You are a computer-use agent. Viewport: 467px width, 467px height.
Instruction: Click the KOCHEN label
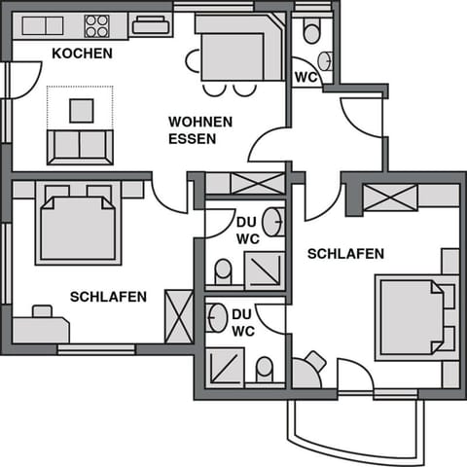point(82,53)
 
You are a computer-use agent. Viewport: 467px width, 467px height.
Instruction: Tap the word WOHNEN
point(200,122)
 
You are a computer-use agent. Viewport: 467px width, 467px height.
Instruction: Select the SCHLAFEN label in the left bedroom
point(108,297)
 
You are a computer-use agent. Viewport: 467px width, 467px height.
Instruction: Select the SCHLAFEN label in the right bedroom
point(345,254)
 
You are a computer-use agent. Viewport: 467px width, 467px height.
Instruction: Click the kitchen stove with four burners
point(96,26)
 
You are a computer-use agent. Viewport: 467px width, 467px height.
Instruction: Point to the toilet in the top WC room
point(311,33)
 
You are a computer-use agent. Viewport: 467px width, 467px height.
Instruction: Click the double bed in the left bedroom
point(78,226)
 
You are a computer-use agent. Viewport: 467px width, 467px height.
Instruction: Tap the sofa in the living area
point(80,146)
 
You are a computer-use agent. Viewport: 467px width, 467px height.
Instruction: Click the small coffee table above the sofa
point(81,110)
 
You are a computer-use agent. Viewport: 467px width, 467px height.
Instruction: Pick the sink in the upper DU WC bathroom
point(276,221)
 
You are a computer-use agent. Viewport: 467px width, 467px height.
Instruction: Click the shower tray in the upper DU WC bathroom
point(264,269)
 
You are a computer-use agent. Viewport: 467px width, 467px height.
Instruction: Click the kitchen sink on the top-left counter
point(36,26)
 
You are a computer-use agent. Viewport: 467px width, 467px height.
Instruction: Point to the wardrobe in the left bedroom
point(179,316)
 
